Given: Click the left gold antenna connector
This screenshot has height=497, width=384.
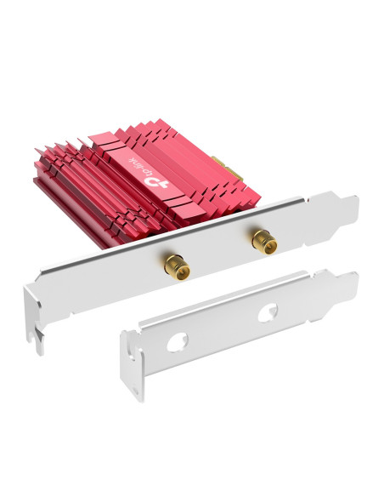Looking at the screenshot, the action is pos(177,268).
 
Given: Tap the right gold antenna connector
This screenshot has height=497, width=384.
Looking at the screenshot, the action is pos(264,242).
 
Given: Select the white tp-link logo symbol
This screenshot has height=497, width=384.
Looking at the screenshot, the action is pos(156,181).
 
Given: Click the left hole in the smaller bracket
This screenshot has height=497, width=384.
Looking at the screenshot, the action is pos(178,342).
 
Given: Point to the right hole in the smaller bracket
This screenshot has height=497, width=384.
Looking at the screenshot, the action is pos(268,312).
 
